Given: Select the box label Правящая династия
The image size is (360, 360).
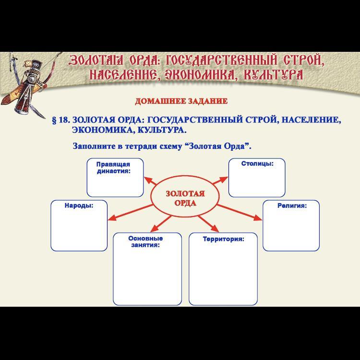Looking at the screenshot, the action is point(113,168).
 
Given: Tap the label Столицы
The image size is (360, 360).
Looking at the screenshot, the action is point(257,164).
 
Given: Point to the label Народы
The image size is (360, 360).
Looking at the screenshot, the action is point(79,205).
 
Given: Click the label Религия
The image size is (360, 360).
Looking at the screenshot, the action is point(292,205).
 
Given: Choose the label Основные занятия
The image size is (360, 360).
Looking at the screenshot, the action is point(145,241).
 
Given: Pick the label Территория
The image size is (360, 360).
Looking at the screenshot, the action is point(223,239).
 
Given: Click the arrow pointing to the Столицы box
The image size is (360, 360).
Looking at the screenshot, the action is point(220,180).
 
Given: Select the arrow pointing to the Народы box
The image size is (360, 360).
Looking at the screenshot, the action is point(130,213).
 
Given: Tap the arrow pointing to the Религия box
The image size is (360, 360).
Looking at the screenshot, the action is point(239,212).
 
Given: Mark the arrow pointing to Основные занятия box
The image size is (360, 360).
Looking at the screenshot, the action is point(161,224).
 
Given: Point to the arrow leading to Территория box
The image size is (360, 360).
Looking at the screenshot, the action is point(208,224).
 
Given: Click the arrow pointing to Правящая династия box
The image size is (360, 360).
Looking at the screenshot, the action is point(150,180).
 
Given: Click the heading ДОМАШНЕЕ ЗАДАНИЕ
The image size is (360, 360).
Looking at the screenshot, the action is point(181,101).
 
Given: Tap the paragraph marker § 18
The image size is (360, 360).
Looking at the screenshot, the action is point(61,120).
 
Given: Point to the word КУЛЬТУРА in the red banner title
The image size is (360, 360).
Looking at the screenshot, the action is point(273,74).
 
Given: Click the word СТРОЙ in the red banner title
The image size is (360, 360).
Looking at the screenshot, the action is point(303,60).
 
